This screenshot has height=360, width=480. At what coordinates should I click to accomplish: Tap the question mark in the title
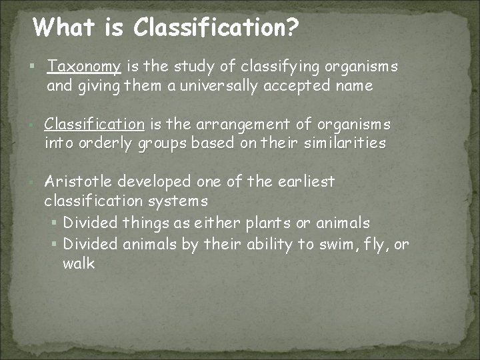(291, 27)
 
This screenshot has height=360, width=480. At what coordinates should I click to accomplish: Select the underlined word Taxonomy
(84, 67)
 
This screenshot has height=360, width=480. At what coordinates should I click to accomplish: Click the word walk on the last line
(79, 264)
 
